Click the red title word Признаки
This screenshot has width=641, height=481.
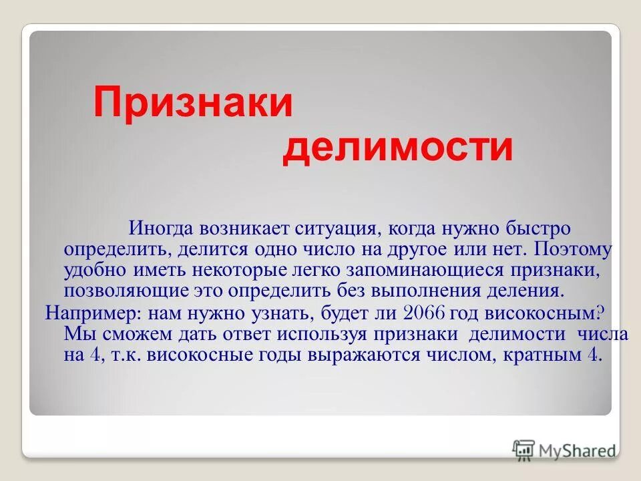pos(193,104)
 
